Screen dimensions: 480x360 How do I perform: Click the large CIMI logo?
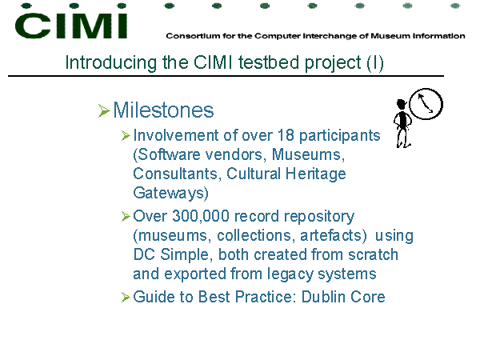[x=71, y=26]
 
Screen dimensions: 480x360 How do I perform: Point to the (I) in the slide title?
[x=375, y=63]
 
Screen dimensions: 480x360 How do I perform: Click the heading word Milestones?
[x=163, y=110]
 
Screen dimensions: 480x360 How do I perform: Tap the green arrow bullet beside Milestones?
[x=104, y=110]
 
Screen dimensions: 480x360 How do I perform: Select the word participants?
[x=339, y=137]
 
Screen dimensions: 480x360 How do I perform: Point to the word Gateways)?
[x=171, y=193]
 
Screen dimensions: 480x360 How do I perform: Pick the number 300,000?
[x=201, y=217]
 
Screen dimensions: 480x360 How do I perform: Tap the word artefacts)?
[x=334, y=236]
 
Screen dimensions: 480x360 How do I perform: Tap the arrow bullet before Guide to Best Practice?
[x=126, y=297]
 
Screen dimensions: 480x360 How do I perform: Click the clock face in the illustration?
[x=426, y=104]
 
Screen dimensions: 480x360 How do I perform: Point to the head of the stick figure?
[x=401, y=104]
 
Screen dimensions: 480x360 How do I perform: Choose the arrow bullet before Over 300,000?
[x=126, y=216]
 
